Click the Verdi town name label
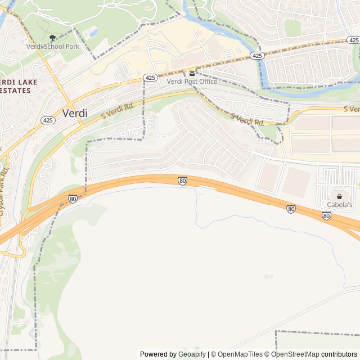pos(71,112)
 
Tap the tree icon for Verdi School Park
pos(53,38)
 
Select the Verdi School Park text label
pos(53,47)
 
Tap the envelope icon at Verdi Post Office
pos(192,73)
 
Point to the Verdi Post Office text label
pos(192,82)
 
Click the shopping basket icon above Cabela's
pos(340,196)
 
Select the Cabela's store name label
pos(340,205)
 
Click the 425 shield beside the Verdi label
pos(48,120)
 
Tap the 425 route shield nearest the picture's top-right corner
pos(353,40)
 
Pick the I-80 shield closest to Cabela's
pos(326,215)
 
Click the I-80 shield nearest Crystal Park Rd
pos(73,199)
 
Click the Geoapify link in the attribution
pos(192,354)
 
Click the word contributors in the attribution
pos(339,354)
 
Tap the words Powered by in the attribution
pos(158,354)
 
